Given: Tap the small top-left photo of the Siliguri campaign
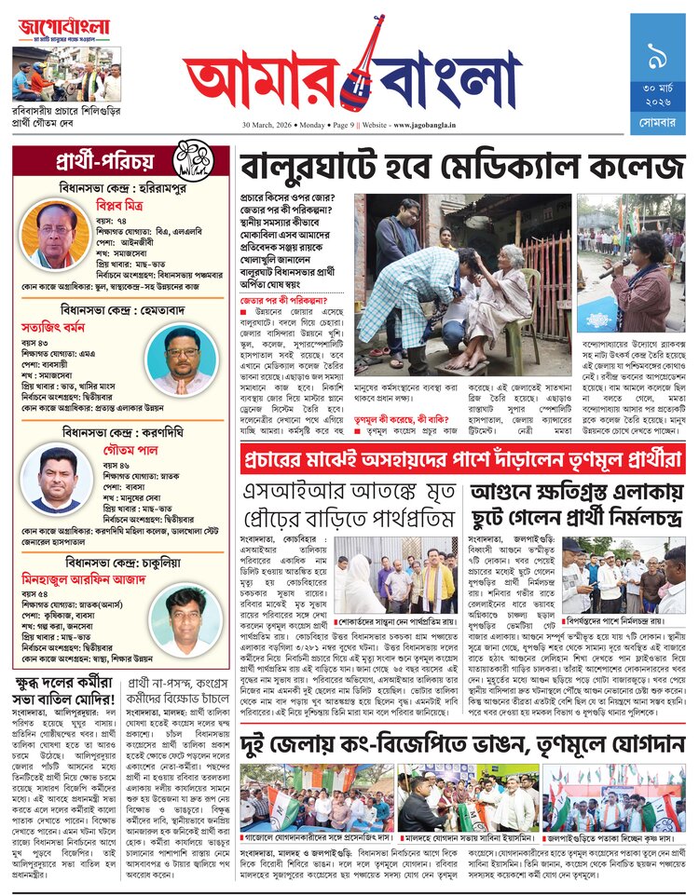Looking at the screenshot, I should tap(67, 74).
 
